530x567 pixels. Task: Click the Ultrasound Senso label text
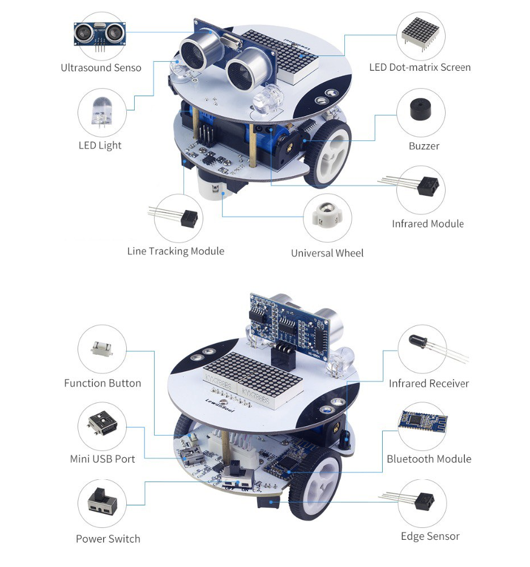[101, 68]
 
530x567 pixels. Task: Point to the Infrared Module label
[428, 224]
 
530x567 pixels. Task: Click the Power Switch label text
[108, 539]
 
